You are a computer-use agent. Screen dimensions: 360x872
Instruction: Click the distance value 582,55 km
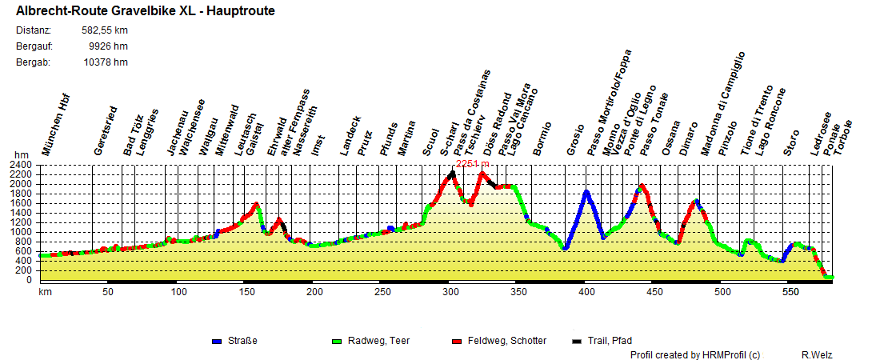(x=105, y=30)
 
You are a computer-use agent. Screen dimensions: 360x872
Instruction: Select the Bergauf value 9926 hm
(x=109, y=46)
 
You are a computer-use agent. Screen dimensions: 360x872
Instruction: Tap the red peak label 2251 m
(x=472, y=164)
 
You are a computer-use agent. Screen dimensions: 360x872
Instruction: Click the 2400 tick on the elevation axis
(x=22, y=165)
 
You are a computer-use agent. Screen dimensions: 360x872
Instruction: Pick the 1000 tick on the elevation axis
(x=22, y=232)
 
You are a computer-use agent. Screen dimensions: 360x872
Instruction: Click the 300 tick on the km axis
(x=451, y=292)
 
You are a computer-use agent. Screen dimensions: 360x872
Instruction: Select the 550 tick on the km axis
(x=790, y=292)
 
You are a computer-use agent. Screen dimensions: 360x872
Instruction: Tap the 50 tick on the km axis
(x=107, y=292)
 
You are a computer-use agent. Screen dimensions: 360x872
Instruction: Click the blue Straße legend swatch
(x=216, y=342)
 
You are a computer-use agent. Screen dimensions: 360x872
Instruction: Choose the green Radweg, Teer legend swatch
(x=336, y=342)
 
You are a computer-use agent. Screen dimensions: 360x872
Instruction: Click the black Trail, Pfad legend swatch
(x=578, y=342)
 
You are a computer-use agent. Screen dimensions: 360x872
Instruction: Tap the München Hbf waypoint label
(x=57, y=128)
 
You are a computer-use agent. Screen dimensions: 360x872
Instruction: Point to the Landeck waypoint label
(x=350, y=134)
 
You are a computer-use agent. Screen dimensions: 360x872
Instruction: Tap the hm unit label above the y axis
(x=21, y=155)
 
